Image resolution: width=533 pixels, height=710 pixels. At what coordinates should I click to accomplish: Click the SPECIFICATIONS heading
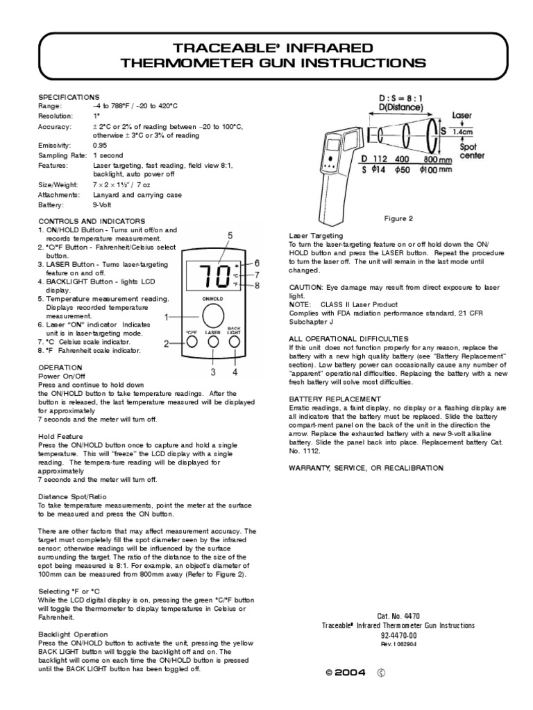(69, 97)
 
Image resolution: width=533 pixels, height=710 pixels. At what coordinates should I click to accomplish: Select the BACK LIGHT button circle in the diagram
(235, 341)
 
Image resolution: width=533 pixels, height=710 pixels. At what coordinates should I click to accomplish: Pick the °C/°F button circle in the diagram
(192, 342)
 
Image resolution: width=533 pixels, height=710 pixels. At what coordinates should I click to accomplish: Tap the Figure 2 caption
(398, 218)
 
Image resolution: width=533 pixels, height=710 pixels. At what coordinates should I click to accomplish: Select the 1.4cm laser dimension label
(463, 130)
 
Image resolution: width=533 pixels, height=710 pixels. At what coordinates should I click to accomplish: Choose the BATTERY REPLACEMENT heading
(335, 399)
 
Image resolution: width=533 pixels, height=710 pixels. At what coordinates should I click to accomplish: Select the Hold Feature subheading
(60, 436)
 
